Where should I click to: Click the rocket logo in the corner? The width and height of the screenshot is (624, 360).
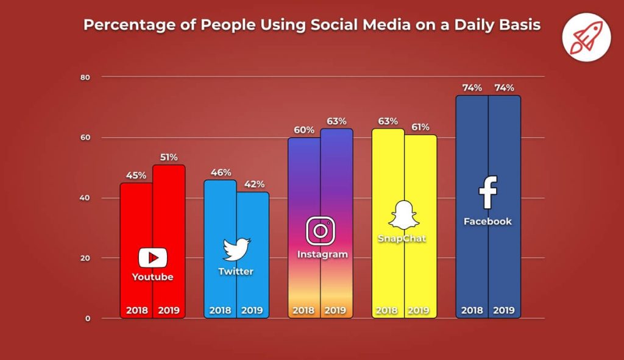click(x=586, y=37)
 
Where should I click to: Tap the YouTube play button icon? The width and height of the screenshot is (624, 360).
click(x=152, y=258)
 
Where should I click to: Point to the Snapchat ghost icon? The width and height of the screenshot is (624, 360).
click(x=404, y=214)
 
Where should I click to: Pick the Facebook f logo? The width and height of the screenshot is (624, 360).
click(x=488, y=192)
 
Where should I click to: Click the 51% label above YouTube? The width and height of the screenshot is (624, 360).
click(x=168, y=157)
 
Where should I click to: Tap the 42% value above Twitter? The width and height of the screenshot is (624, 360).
click(x=252, y=185)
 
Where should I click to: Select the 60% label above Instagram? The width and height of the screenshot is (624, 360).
click(x=304, y=130)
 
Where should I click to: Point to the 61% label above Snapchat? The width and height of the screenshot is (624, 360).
click(x=420, y=127)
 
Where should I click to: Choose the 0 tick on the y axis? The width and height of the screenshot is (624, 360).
click(x=87, y=318)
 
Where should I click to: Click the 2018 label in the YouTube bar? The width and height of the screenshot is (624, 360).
click(x=137, y=310)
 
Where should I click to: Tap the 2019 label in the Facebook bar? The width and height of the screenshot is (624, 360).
click(x=504, y=310)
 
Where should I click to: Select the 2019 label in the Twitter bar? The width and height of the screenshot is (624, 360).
click(x=252, y=310)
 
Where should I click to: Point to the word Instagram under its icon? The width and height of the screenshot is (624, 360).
click(x=322, y=254)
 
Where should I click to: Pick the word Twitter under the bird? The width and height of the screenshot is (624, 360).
click(x=236, y=271)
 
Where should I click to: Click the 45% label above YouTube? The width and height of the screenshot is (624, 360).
click(x=136, y=175)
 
